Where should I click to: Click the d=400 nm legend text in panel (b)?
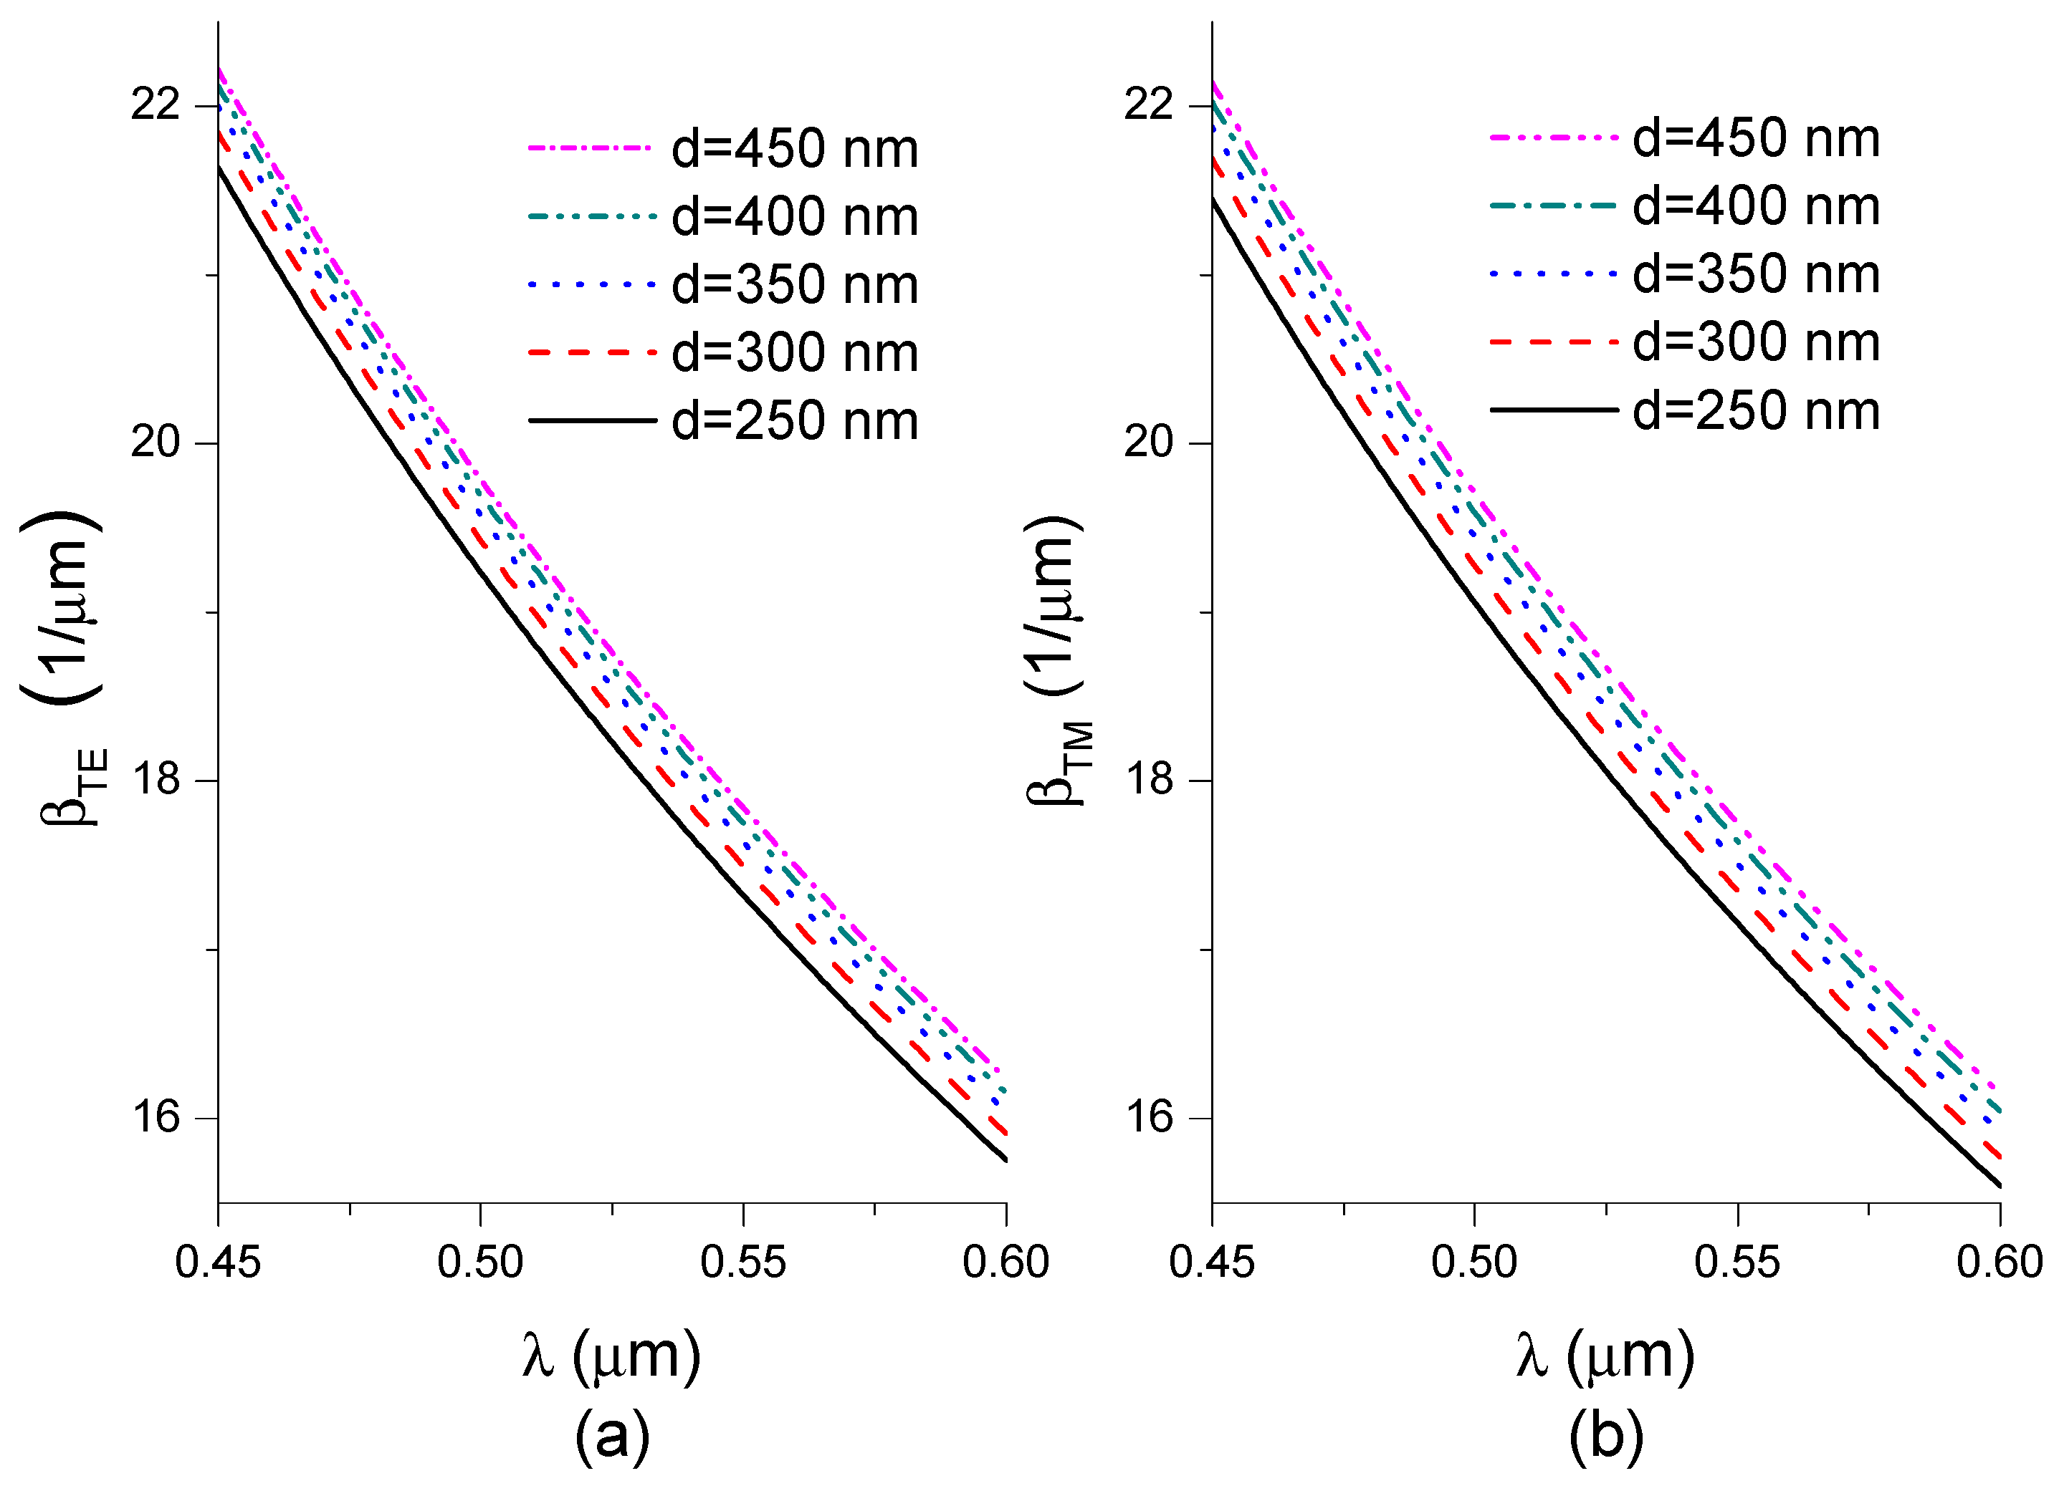pos(1755,206)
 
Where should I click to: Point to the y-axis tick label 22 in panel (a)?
pos(156,105)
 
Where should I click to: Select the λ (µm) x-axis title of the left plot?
pos(611,1356)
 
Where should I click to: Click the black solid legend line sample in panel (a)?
pos(592,420)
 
